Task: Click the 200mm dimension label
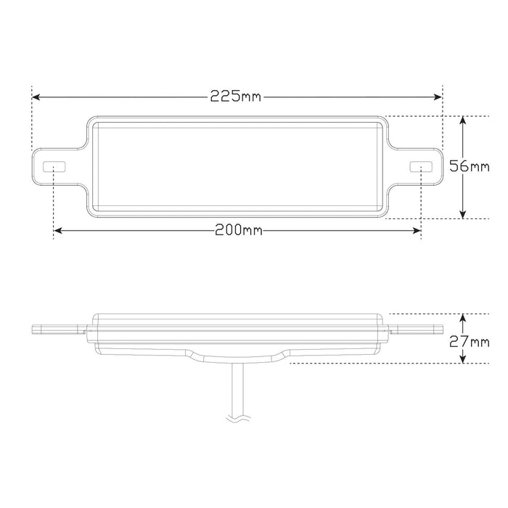(238, 231)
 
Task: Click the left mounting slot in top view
(54, 167)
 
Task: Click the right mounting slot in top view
(420, 167)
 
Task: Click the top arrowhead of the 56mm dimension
(463, 120)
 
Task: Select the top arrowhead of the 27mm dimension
(463, 317)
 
